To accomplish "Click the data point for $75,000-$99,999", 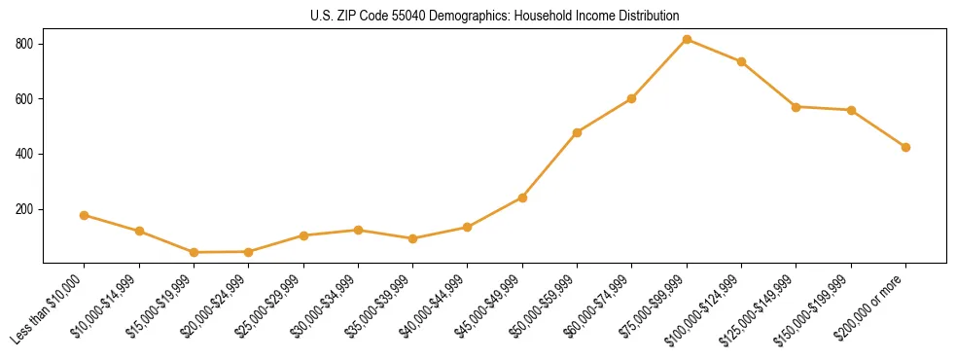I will (x=687, y=39).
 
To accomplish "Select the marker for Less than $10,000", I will (x=85, y=215).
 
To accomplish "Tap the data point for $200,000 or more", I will (x=905, y=147).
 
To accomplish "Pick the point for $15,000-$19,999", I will (x=195, y=252).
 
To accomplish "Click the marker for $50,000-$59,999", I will (x=577, y=132).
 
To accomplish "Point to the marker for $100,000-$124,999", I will (x=741, y=61).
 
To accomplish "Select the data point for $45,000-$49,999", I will (x=522, y=198).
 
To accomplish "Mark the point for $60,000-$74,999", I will (x=632, y=98).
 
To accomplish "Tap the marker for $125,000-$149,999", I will (x=796, y=107).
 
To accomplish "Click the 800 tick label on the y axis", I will (x=24, y=44).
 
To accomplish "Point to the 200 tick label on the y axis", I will (x=24, y=209).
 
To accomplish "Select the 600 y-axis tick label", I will (x=24, y=99).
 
